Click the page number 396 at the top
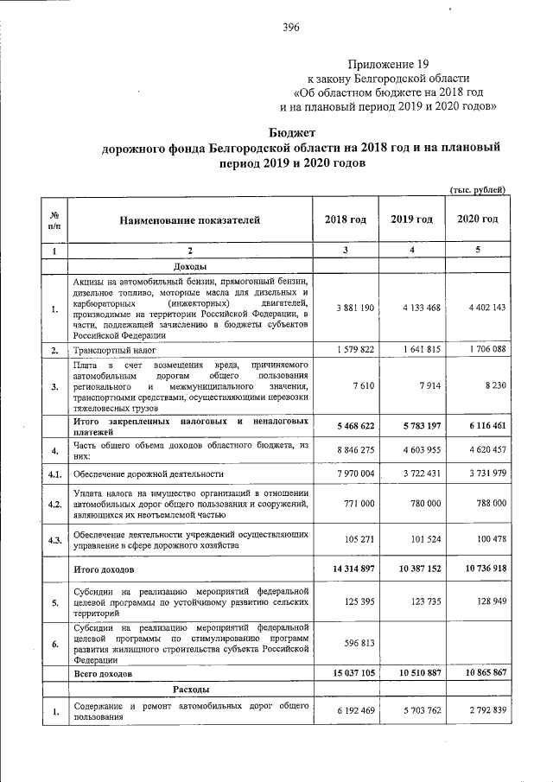[290, 28]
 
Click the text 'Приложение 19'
[388, 65]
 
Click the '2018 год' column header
[346, 219]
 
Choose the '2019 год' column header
[412, 219]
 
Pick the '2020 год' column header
[477, 219]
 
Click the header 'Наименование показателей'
[189, 220]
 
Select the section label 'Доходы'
[190, 266]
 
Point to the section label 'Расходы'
[190, 689]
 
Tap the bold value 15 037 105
[346, 672]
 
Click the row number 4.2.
[54, 504]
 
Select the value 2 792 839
[481, 710]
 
